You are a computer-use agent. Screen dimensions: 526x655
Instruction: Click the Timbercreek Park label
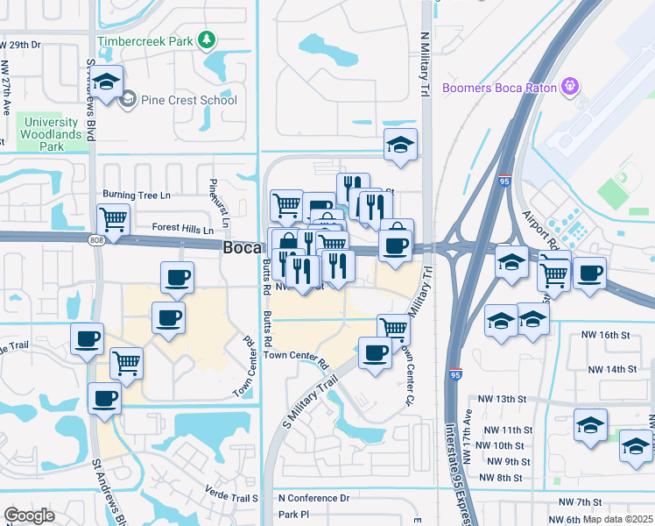(144, 40)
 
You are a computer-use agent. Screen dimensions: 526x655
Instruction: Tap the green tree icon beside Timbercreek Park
(207, 39)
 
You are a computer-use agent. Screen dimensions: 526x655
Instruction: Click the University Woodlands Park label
(53, 134)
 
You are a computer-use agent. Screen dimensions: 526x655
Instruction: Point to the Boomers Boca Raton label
(499, 87)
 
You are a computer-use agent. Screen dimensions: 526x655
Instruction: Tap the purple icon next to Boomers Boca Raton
(569, 86)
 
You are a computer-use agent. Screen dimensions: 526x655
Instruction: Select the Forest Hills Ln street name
(183, 229)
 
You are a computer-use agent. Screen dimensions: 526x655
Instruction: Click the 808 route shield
(95, 239)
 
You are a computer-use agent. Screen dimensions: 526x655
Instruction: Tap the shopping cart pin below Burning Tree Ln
(113, 219)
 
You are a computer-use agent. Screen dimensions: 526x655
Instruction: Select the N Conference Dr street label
(313, 498)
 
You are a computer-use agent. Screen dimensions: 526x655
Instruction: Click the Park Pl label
(294, 515)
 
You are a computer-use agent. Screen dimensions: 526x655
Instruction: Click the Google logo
(29, 515)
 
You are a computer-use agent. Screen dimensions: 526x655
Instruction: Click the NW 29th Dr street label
(20, 44)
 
